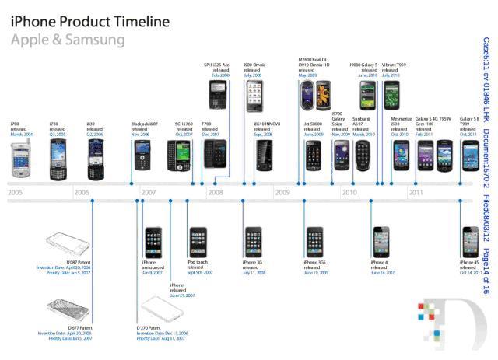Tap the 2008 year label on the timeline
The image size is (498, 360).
216,191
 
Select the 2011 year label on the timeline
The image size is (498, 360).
416,191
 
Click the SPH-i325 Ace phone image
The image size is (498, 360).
216,94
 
